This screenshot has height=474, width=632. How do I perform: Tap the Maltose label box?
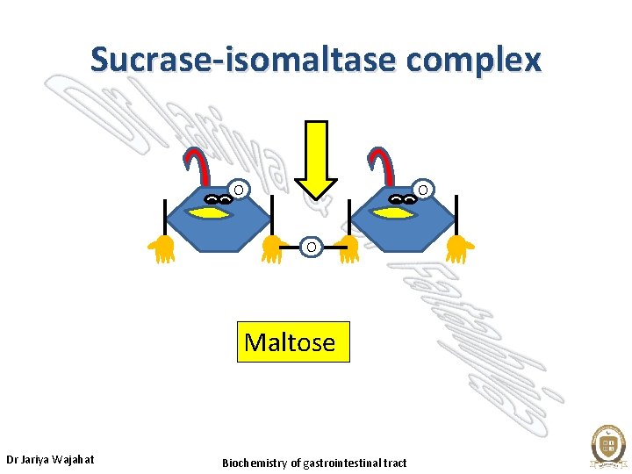[x=293, y=341]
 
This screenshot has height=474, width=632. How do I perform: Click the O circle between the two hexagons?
[x=312, y=248]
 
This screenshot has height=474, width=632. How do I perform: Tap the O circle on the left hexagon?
[x=238, y=189]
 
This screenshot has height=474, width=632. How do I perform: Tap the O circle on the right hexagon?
[x=422, y=189]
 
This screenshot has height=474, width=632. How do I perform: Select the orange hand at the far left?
[x=162, y=249]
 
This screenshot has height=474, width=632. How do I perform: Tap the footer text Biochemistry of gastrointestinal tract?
[x=314, y=463]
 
